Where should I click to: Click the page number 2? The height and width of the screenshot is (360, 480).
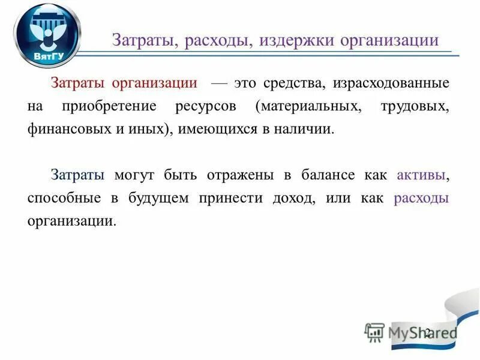click(x=428, y=333)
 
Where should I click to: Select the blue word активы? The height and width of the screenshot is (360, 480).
click(x=422, y=175)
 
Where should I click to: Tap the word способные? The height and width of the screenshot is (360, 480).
click(x=65, y=199)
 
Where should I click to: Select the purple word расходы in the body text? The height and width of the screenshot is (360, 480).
click(x=421, y=198)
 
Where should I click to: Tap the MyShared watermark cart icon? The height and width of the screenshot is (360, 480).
click(x=374, y=332)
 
